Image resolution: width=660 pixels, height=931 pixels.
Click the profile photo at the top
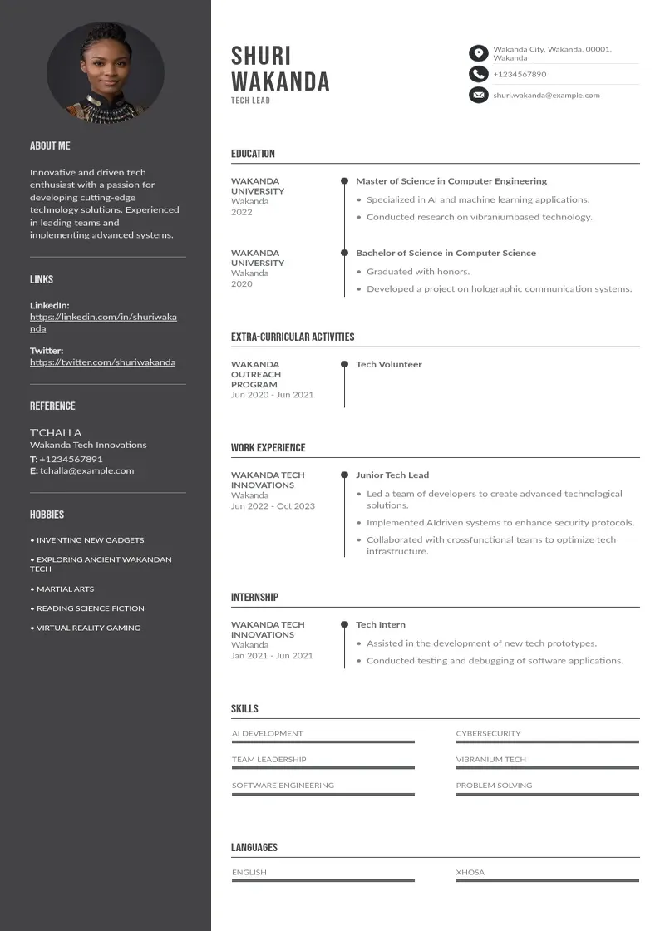pyautogui.click(x=106, y=73)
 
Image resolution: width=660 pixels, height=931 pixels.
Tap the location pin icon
pyautogui.click(x=478, y=53)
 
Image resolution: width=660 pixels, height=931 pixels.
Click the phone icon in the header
pyautogui.click(x=478, y=74)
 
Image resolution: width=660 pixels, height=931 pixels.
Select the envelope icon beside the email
pyautogui.click(x=478, y=96)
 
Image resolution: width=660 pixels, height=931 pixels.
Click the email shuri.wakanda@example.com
pyautogui.click(x=546, y=96)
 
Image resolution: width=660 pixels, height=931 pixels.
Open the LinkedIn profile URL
pyautogui.click(x=103, y=323)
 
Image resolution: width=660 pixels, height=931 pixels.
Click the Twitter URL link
pyautogui.click(x=102, y=362)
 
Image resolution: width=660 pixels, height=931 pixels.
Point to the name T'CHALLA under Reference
pyautogui.click(x=56, y=432)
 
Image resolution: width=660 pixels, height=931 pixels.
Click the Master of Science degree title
pyautogui.click(x=451, y=181)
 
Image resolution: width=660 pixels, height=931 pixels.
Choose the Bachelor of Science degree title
pyautogui.click(x=446, y=253)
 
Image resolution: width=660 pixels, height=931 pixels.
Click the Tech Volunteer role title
pyautogui.click(x=389, y=364)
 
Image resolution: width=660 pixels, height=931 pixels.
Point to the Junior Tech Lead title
pyautogui.click(x=392, y=475)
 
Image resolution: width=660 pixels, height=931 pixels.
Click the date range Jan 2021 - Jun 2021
pyautogui.click(x=272, y=656)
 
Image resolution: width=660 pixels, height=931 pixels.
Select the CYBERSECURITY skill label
pyautogui.click(x=488, y=734)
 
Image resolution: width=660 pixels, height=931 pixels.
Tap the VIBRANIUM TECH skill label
pyautogui.click(x=490, y=760)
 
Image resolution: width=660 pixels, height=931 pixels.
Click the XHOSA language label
pyautogui.click(x=470, y=873)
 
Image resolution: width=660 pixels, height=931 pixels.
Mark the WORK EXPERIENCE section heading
pyautogui.click(x=268, y=448)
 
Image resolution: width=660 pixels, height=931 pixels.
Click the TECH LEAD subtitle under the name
pyautogui.click(x=250, y=101)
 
